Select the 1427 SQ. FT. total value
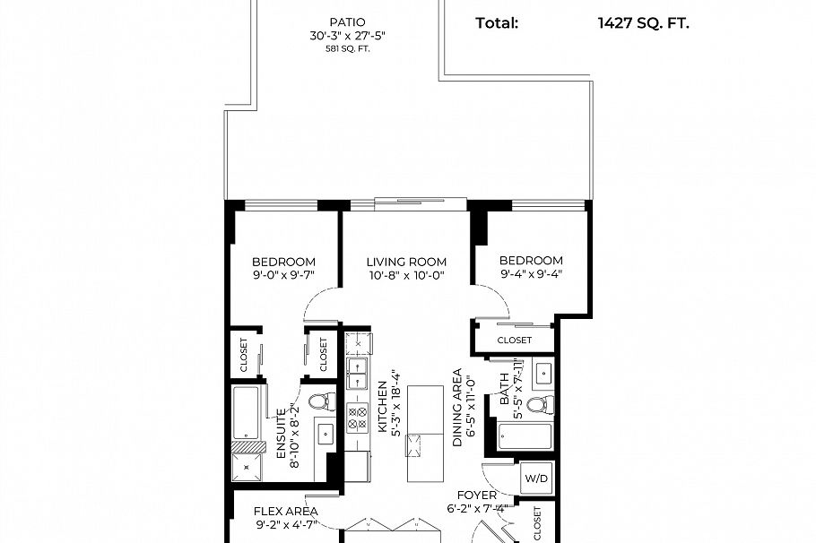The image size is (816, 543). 643,23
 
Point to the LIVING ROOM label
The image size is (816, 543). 406,262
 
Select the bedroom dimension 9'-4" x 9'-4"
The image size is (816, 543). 532,275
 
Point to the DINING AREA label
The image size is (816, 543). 457,408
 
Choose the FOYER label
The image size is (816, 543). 477,495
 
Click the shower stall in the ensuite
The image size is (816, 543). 248,465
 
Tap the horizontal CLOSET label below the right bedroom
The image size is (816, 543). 514,340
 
